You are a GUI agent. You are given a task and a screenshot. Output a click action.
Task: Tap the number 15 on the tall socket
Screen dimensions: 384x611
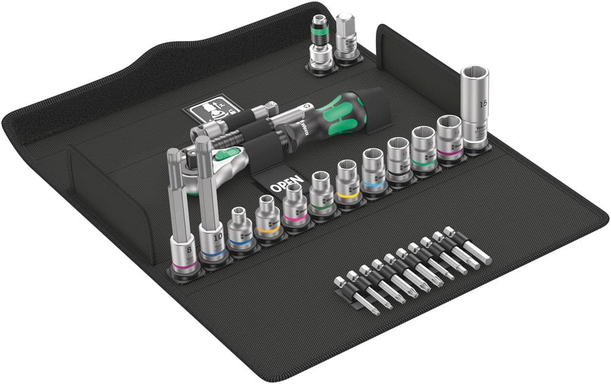[483, 104]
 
